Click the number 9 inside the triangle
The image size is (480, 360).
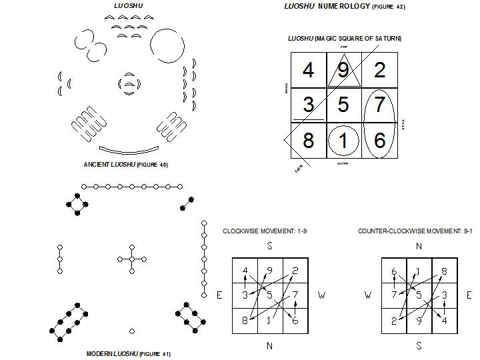pyautogui.click(x=343, y=70)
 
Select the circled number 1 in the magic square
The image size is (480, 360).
pyautogui.click(x=343, y=141)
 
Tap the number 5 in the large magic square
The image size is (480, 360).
pyautogui.click(x=343, y=105)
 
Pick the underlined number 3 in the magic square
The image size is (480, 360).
pyautogui.click(x=308, y=105)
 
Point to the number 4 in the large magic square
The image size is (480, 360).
pyautogui.click(x=308, y=70)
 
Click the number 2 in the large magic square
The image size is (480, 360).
pyautogui.click(x=380, y=70)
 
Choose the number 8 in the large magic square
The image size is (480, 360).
pyautogui.click(x=308, y=141)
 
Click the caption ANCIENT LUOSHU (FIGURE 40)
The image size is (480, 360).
pyautogui.click(x=125, y=165)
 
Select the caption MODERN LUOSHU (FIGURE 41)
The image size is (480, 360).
pyautogui.click(x=128, y=354)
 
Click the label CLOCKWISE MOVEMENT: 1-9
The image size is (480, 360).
pyautogui.click(x=265, y=231)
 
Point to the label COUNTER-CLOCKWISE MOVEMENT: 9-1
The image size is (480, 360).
pyautogui.click(x=415, y=231)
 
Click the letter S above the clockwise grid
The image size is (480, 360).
pyautogui.click(x=269, y=246)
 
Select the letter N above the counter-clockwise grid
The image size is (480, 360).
pyautogui.click(x=418, y=246)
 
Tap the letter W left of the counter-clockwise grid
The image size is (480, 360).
pyautogui.click(x=368, y=295)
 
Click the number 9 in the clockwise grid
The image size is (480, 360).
pyautogui.click(x=269, y=271)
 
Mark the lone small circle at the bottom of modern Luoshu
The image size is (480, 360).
pyautogui.click(x=132, y=331)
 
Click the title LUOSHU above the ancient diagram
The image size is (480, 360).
pyautogui.click(x=128, y=6)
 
